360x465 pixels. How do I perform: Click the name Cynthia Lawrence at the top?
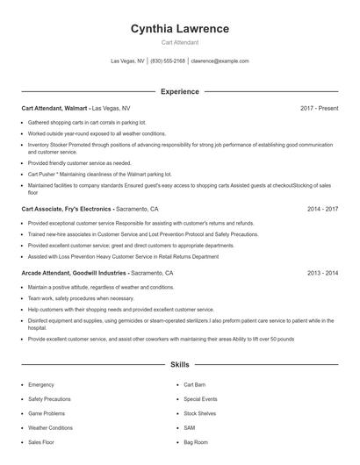click(x=179, y=29)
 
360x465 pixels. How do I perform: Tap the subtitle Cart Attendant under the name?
click(x=179, y=42)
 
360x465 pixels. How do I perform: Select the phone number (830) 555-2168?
click(x=168, y=61)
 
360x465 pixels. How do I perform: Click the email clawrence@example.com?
click(x=220, y=61)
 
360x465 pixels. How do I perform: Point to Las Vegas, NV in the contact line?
click(x=127, y=61)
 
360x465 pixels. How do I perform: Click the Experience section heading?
click(x=179, y=91)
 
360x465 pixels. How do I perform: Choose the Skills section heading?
click(x=179, y=364)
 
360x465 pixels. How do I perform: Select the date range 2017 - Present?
click(x=319, y=108)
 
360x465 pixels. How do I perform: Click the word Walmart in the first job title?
click(x=76, y=108)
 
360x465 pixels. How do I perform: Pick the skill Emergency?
click(x=41, y=384)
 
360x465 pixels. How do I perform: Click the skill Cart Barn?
click(x=194, y=384)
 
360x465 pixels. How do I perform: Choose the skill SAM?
click(x=189, y=427)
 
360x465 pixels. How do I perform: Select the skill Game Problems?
click(x=47, y=413)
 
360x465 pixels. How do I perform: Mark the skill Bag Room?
click(x=196, y=442)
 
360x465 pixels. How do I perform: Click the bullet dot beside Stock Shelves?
click(x=176, y=413)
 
